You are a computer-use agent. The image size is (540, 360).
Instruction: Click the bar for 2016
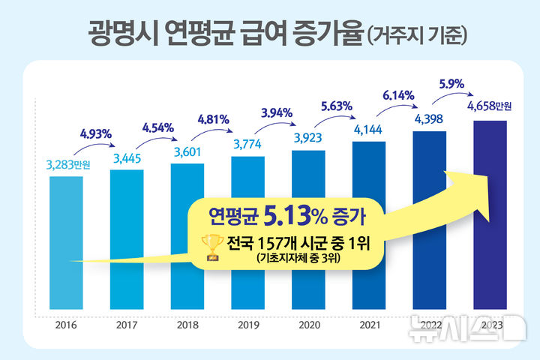[66, 240]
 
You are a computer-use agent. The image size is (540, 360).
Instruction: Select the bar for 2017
[127, 232]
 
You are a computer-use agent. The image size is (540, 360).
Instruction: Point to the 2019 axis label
[247, 325]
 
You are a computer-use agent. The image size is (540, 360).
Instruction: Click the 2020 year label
[308, 325]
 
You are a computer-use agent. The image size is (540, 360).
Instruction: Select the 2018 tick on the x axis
[187, 325]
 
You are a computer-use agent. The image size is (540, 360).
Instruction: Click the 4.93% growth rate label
[95, 134]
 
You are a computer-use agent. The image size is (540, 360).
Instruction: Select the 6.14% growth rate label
[398, 95]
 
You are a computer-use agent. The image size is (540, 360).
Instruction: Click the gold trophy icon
[212, 247]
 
